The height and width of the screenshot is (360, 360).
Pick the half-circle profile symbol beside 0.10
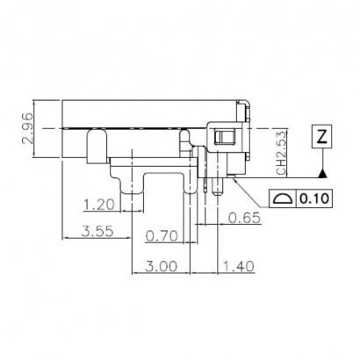(x=284, y=200)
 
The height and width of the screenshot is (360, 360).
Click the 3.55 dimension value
(x=96, y=234)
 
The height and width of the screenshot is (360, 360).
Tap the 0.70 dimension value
(x=160, y=235)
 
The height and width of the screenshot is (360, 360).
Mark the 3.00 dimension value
(x=162, y=264)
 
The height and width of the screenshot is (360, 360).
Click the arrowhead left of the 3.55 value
(x=67, y=240)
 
